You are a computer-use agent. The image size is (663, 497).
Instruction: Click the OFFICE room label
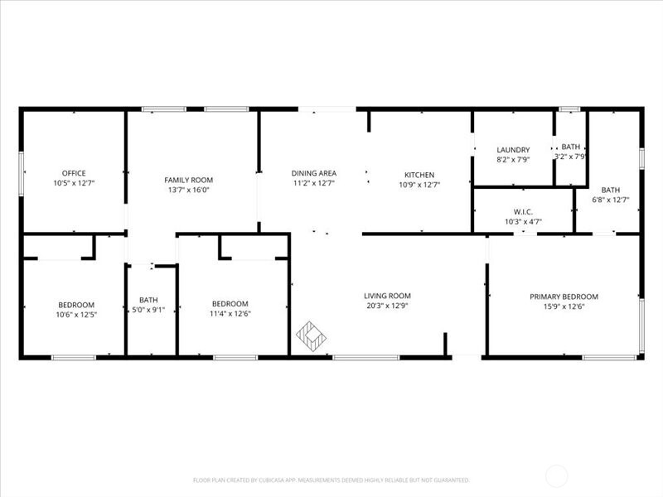[x=75, y=173]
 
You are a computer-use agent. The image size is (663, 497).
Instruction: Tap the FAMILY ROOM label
[x=189, y=180]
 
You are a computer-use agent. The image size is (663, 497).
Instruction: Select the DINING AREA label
[x=314, y=173]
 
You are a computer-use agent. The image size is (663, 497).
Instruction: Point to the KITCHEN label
[x=419, y=175]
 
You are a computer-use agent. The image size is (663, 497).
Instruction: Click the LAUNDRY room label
[x=513, y=150]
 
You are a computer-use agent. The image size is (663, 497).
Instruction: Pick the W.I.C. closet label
[x=523, y=213]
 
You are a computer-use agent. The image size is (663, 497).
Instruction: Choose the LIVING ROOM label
[x=387, y=296]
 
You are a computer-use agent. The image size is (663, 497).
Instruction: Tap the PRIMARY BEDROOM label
[x=564, y=297]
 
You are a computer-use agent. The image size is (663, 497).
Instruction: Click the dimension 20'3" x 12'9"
[x=387, y=305]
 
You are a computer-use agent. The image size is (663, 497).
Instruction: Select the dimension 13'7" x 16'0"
[x=189, y=189]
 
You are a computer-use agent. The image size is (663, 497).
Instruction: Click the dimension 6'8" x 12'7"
[x=611, y=199]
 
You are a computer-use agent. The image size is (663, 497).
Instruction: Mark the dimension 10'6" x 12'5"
[x=76, y=314]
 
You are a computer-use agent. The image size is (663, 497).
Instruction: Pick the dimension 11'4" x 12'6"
[x=230, y=313]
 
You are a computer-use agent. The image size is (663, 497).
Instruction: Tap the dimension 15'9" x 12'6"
[x=564, y=306]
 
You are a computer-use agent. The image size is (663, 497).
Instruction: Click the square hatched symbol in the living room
[x=311, y=335]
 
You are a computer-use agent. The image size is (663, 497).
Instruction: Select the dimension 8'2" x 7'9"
[x=513, y=159]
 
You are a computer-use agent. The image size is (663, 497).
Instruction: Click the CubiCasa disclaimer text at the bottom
[x=331, y=480]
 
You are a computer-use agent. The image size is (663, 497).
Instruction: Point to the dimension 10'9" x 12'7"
[x=419, y=184]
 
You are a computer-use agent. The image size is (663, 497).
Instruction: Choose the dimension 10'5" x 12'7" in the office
[x=75, y=182]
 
